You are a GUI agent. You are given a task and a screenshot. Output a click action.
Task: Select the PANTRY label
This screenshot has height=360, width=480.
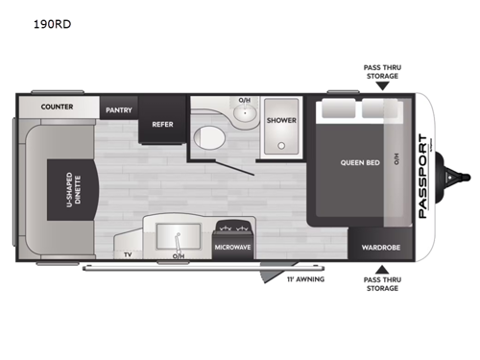pos(119,110)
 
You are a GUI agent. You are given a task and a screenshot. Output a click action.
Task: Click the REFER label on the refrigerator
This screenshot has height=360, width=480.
pos(158,124)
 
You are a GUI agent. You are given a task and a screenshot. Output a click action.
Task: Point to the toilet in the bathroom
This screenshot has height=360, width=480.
pos(207,137)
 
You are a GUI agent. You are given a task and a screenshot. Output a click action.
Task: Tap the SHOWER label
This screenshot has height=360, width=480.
pos(282,121)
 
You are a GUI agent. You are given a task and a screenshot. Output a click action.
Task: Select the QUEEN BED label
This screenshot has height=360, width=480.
pos(360,162)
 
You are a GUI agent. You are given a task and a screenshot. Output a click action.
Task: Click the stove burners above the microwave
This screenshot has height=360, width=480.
pos(233,228)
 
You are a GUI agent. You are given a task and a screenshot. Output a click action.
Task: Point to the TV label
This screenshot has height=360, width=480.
pos(127,254)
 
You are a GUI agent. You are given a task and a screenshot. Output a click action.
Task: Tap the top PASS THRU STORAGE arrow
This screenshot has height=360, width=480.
pos(382,85)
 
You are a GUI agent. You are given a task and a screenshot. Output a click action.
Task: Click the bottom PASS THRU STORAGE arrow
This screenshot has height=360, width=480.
pos(382,271)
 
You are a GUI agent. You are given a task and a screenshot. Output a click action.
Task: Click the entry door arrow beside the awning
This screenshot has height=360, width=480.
pos(265,278)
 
